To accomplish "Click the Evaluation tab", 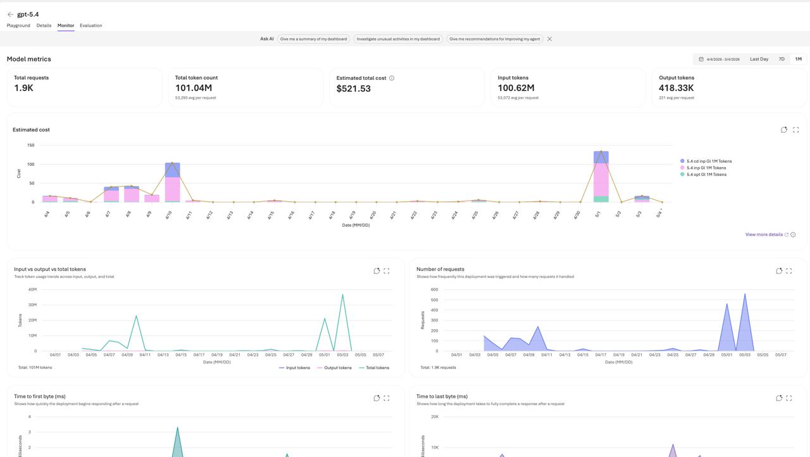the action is click(x=90, y=25).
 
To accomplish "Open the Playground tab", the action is click(x=18, y=25).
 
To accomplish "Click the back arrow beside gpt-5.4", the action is click(x=10, y=15).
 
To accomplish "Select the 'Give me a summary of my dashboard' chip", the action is click(x=313, y=39).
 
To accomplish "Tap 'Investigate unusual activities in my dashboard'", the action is click(x=398, y=39).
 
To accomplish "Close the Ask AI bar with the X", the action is click(x=549, y=39).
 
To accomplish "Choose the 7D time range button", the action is click(x=782, y=59).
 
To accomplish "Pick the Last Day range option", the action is click(x=759, y=59).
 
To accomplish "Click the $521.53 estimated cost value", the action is click(x=353, y=89).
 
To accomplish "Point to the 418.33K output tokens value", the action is click(x=676, y=88).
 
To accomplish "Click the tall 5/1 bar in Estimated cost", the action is click(x=601, y=177).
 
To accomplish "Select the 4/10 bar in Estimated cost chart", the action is click(x=173, y=182).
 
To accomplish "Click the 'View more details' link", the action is click(x=764, y=235).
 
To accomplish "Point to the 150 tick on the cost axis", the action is click(x=31, y=146).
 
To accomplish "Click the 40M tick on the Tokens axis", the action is click(x=32, y=290).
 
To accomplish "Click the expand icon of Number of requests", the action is click(x=788, y=271).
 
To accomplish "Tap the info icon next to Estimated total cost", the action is click(x=392, y=78).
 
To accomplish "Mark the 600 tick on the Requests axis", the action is click(x=434, y=290).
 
